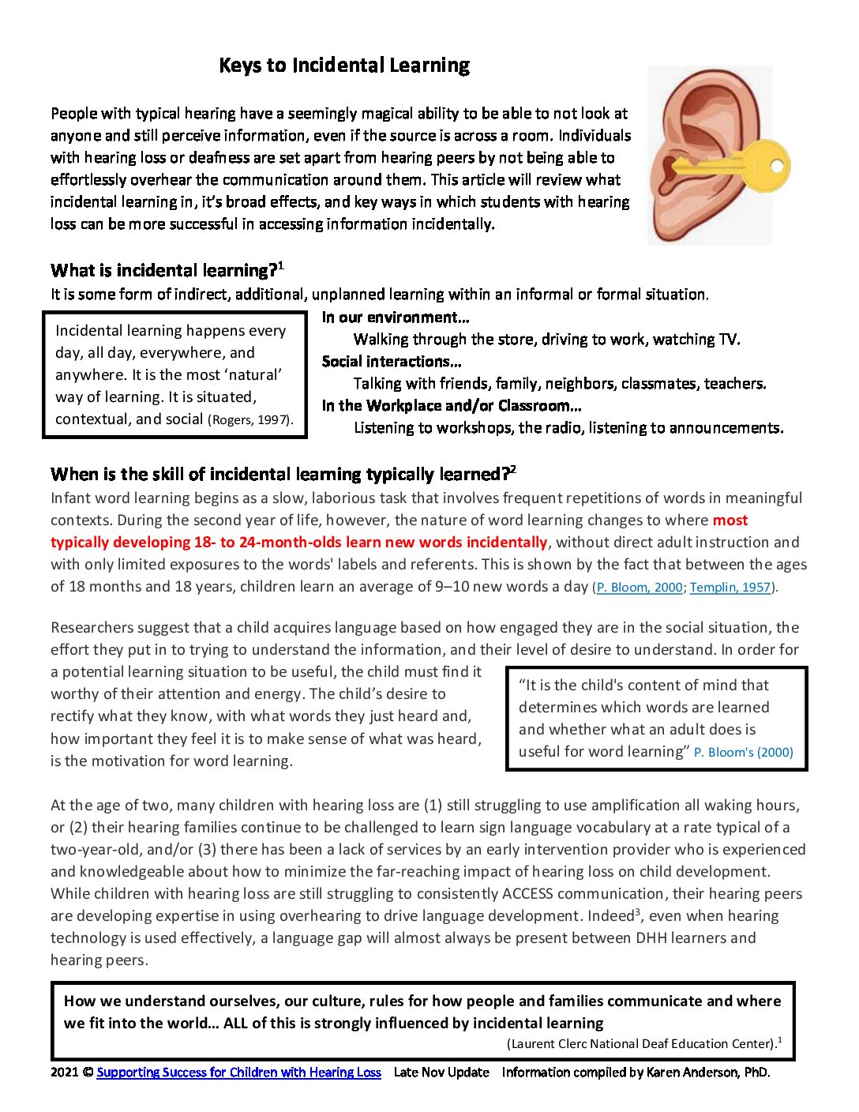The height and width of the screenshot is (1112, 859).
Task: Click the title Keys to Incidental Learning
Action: pyautogui.click(x=344, y=66)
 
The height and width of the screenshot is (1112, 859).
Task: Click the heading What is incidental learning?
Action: pyautogui.click(x=163, y=271)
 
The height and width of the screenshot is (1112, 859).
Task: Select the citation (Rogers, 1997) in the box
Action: pyautogui.click(x=250, y=420)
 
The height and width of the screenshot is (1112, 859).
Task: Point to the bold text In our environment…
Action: pyautogui.click(x=396, y=317)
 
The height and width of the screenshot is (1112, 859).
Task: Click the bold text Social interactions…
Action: pyautogui.click(x=392, y=362)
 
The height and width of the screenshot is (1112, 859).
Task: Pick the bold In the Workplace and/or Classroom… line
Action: pyautogui.click(x=452, y=406)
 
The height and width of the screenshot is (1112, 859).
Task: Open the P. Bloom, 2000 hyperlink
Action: pyautogui.click(x=639, y=588)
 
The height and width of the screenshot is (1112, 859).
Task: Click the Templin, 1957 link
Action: pyautogui.click(x=730, y=588)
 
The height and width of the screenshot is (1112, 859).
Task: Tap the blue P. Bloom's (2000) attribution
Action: pyautogui.click(x=744, y=753)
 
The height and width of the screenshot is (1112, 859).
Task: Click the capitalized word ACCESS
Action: pyautogui.click(x=528, y=894)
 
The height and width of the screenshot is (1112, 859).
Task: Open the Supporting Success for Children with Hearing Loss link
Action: pyautogui.click(x=238, y=1073)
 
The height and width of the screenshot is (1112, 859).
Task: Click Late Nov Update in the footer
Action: pyautogui.click(x=441, y=1073)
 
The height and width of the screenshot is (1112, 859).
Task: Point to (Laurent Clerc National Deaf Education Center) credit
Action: pyautogui.click(x=641, y=1044)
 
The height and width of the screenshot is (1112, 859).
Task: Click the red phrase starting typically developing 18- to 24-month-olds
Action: pyautogui.click(x=298, y=543)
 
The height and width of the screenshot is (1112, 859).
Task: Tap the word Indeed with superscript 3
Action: pyautogui.click(x=610, y=916)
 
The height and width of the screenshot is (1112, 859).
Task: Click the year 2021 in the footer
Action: pyautogui.click(x=65, y=1073)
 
